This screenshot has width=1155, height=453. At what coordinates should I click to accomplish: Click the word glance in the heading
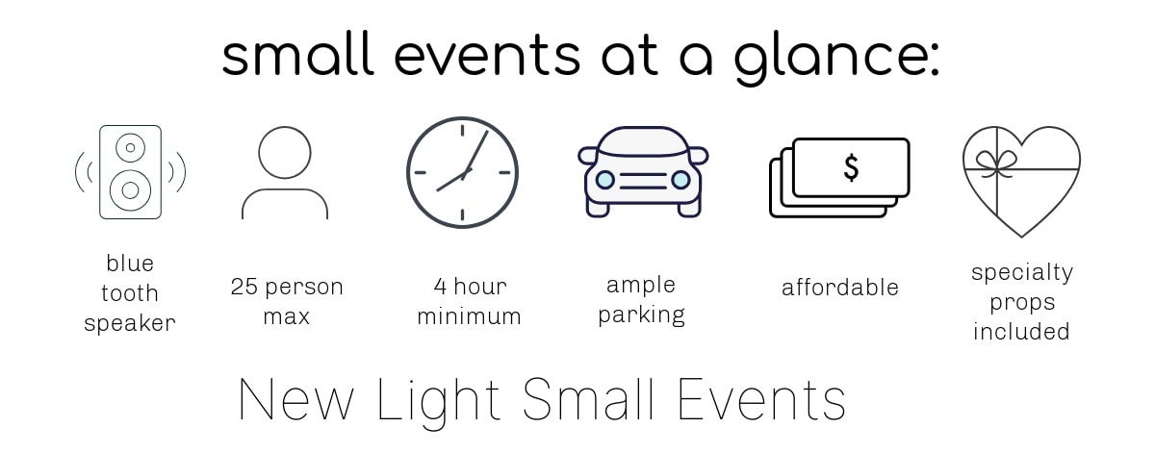[x=836, y=58]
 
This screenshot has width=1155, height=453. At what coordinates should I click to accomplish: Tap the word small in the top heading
[x=298, y=54]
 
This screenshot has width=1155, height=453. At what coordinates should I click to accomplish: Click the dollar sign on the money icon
[x=851, y=168]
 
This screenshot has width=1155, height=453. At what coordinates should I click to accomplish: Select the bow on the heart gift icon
[x=997, y=164]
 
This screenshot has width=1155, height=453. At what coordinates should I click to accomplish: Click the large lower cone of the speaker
[x=131, y=190]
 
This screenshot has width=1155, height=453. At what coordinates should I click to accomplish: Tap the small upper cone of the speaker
[x=131, y=147]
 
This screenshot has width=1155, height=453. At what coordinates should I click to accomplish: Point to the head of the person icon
[x=285, y=153]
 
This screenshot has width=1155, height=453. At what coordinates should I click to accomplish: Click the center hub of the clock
[x=466, y=173]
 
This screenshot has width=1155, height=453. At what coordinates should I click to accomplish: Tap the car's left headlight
[x=604, y=180]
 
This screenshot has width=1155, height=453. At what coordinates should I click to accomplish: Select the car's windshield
[x=643, y=141]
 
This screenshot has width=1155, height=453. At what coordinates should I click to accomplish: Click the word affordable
[x=840, y=288]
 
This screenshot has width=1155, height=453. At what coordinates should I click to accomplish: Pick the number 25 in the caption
[x=244, y=287]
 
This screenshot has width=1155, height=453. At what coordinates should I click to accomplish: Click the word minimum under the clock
[x=470, y=315]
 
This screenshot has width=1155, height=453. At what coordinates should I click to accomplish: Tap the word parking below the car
[x=641, y=315]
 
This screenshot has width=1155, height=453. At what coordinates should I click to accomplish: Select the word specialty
[x=1022, y=273]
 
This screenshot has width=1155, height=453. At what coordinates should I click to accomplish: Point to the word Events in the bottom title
[x=761, y=399]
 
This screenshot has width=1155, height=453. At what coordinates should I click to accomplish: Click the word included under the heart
[x=1021, y=332]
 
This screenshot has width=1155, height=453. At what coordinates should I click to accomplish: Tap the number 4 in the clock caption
[x=440, y=287]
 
